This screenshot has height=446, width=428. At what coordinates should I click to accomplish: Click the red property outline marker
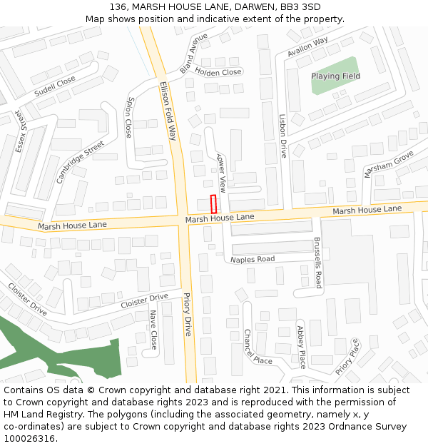pyautogui.click(x=213, y=203)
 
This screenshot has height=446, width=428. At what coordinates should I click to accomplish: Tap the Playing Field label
pyautogui.click(x=335, y=76)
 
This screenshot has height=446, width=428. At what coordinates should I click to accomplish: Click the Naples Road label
pyautogui.click(x=253, y=259)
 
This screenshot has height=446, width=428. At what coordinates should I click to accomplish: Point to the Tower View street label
pyautogui.click(x=221, y=173)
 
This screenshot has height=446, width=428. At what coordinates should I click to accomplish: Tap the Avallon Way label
pyautogui.click(x=307, y=48)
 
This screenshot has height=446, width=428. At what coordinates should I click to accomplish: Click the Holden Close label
pyautogui.click(x=218, y=72)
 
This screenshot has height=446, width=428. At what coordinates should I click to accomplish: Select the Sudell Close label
pyautogui.click(x=55, y=86)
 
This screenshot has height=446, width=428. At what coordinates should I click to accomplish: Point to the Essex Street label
pyautogui.click(x=19, y=131)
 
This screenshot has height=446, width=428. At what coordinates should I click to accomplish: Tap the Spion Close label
pyautogui.click(x=129, y=118)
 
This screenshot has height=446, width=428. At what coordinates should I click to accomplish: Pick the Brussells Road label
pyautogui.click(x=318, y=263)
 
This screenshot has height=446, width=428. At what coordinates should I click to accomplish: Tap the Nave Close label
pyautogui.click(x=153, y=330)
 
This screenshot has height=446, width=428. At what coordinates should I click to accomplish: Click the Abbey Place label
pyautogui.click(x=301, y=346)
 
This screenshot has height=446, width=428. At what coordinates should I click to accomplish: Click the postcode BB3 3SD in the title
pyautogui.click(x=300, y=7)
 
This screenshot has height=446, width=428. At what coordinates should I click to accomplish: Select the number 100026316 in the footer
pyautogui.click(x=30, y=439)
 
